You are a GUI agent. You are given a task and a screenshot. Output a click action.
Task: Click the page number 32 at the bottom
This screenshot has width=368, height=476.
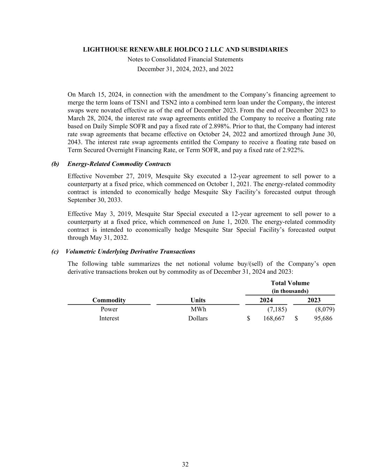pos(185,464)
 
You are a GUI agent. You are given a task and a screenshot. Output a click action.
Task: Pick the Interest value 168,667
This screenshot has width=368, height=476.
pos(273,318)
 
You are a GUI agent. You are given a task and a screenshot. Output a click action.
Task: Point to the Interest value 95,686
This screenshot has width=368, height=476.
pos(323,318)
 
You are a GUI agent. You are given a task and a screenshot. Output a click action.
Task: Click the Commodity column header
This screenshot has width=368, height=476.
pos(109,300)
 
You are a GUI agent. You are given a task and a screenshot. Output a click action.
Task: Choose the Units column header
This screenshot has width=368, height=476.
pos(198,300)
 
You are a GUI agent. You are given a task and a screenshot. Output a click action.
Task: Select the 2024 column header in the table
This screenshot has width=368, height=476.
pos(266,300)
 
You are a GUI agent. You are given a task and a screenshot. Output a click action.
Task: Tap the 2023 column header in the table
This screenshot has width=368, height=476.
pos(314,300)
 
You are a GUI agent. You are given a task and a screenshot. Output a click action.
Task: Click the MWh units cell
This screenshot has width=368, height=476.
pos(198,309)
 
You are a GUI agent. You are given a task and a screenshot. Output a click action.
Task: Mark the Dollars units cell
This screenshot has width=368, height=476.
pos(198,318)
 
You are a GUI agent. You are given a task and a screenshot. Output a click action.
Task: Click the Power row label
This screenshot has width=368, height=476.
pos(109,309)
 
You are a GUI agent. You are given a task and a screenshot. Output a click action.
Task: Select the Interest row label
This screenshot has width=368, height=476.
pos(109,318)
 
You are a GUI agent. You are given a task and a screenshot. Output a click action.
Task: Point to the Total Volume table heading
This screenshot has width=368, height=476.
pos(290,283)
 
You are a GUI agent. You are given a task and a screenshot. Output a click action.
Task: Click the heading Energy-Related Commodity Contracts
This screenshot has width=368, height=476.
pos(119,164)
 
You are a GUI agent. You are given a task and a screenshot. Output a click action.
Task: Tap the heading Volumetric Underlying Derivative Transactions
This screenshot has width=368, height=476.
pos(130,251)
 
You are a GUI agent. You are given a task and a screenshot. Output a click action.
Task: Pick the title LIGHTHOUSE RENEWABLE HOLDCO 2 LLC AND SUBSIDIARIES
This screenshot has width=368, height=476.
pos(185,50)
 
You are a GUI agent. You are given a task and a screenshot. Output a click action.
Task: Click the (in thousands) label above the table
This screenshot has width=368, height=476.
pos(290,291)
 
